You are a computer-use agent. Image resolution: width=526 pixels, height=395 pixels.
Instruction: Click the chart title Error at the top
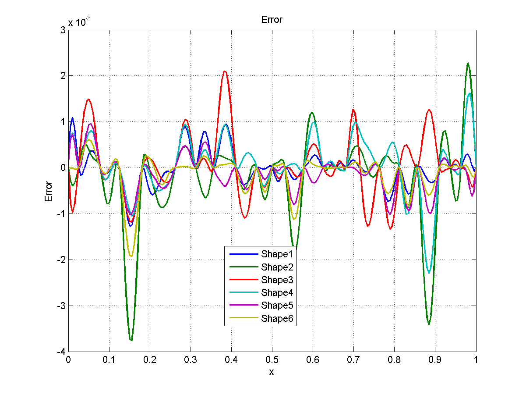pyautogui.click(x=272, y=20)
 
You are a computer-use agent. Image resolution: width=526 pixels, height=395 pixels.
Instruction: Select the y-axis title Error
pyautogui.click(x=49, y=191)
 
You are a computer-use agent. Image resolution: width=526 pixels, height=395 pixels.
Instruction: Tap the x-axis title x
pyautogui.click(x=272, y=372)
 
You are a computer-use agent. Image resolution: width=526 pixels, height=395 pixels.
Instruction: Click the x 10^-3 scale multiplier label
pyautogui.click(x=79, y=22)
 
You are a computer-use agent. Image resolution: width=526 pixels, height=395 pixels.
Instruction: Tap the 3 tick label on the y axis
pyautogui.click(x=63, y=29)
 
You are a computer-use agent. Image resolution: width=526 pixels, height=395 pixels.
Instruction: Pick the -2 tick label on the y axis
pyautogui.click(x=60, y=260)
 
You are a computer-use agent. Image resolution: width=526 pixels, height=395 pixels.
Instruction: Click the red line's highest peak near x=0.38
pyautogui.click(x=225, y=71)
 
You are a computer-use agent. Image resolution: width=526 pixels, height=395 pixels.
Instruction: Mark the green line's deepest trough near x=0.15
pyautogui.click(x=131, y=340)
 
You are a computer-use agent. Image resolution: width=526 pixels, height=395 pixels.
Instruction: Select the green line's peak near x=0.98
pyautogui.click(x=468, y=63)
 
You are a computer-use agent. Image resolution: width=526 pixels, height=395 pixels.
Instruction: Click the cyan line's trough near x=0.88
pyautogui.click(x=429, y=273)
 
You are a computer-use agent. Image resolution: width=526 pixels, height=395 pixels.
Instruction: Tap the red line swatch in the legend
pyautogui.click(x=243, y=280)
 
